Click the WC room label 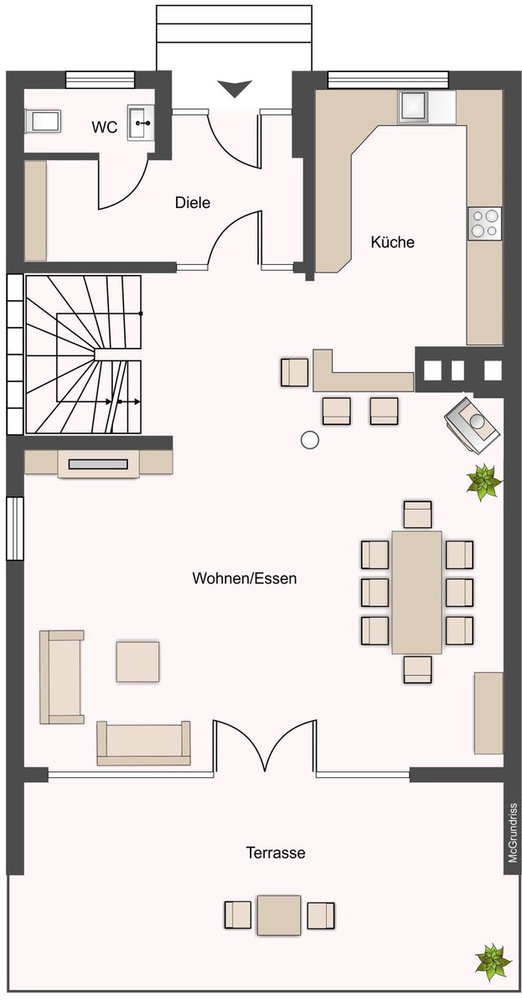point(105,127)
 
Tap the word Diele point(193,203)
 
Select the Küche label point(392,242)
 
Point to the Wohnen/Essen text point(245,578)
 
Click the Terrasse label point(276,853)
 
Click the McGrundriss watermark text point(513,833)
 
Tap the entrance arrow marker point(235,88)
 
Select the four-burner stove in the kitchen point(485,223)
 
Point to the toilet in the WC point(43,121)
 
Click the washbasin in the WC point(141,122)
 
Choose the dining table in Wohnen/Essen point(416,593)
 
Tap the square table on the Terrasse point(279,915)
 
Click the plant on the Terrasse point(493,963)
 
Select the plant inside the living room point(483,482)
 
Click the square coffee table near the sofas point(137,661)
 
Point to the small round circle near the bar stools point(310,440)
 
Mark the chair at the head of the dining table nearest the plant point(417,514)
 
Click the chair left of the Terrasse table point(238,915)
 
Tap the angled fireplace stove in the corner point(473,423)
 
